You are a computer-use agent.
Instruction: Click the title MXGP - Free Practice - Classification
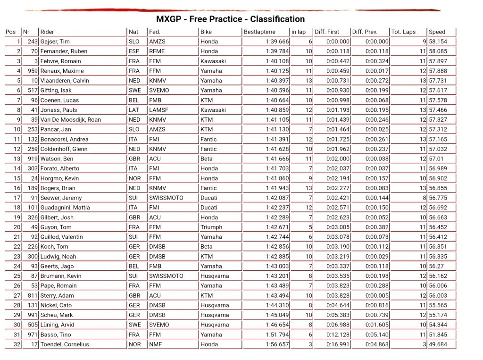pyautogui.click(x=230, y=19)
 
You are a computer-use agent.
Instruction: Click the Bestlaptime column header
pyautogui.click(x=259, y=32)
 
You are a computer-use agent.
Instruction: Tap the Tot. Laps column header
pyautogui.click(x=403, y=32)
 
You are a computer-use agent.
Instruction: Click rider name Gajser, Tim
pyautogui.click(x=55, y=42)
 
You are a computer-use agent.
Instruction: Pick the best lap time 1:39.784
pyautogui.click(x=277, y=51)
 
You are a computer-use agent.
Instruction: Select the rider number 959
pyautogui.click(x=32, y=71)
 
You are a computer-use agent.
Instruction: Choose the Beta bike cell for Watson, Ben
pyautogui.click(x=206, y=159)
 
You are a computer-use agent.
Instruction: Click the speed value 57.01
pyautogui.click(x=437, y=159)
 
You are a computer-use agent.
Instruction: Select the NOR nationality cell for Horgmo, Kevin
pyautogui.click(x=134, y=178)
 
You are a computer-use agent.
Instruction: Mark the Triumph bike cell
pyautogui.click(x=211, y=227)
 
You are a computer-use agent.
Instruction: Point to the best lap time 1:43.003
pyautogui.click(x=277, y=267)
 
